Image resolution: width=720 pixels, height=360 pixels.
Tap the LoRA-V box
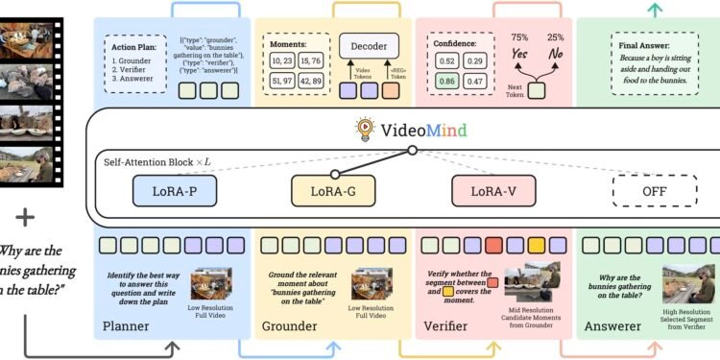click(x=492, y=190)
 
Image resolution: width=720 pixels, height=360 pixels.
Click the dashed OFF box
click(x=654, y=190)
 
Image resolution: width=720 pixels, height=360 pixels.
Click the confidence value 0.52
click(x=445, y=60)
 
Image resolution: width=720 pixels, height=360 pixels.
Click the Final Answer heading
click(x=655, y=43)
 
